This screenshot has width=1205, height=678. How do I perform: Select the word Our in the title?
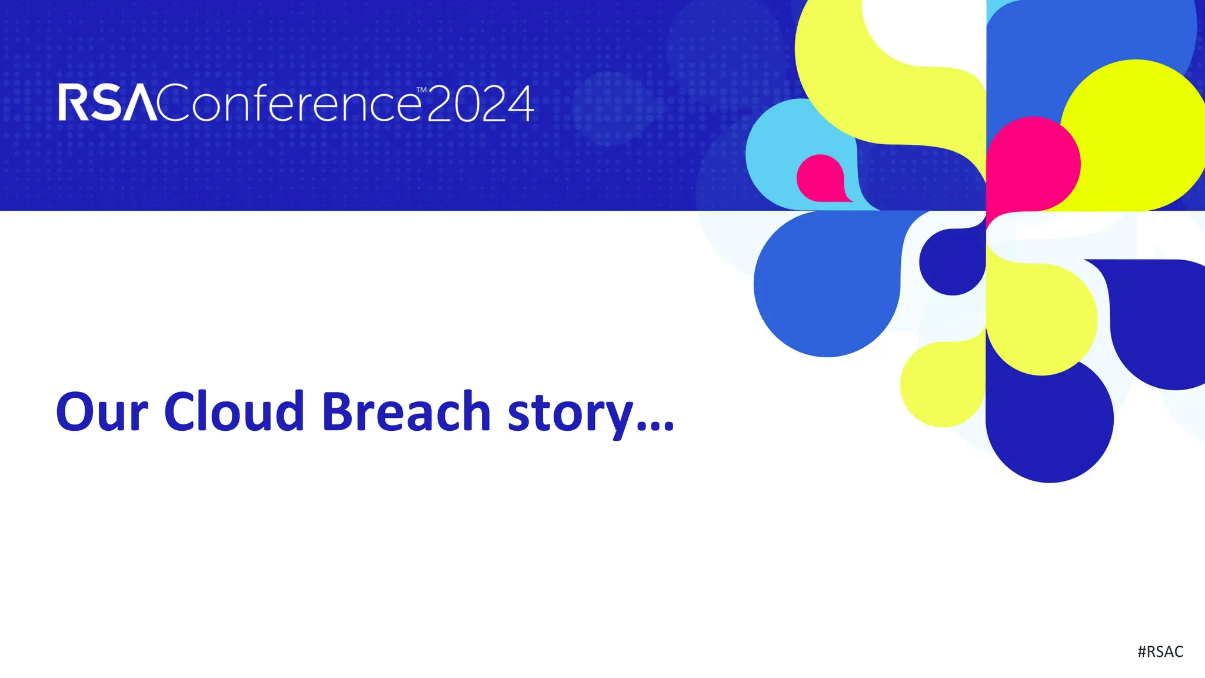tap(101, 412)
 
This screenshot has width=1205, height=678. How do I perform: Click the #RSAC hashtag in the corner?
tap(1160, 652)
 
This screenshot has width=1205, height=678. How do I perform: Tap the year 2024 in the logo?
tap(480, 104)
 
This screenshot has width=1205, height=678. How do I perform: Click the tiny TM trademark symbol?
tap(421, 90)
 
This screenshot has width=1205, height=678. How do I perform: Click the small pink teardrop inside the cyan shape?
tap(820, 178)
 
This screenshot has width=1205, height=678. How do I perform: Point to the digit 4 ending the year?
tap(520, 104)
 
